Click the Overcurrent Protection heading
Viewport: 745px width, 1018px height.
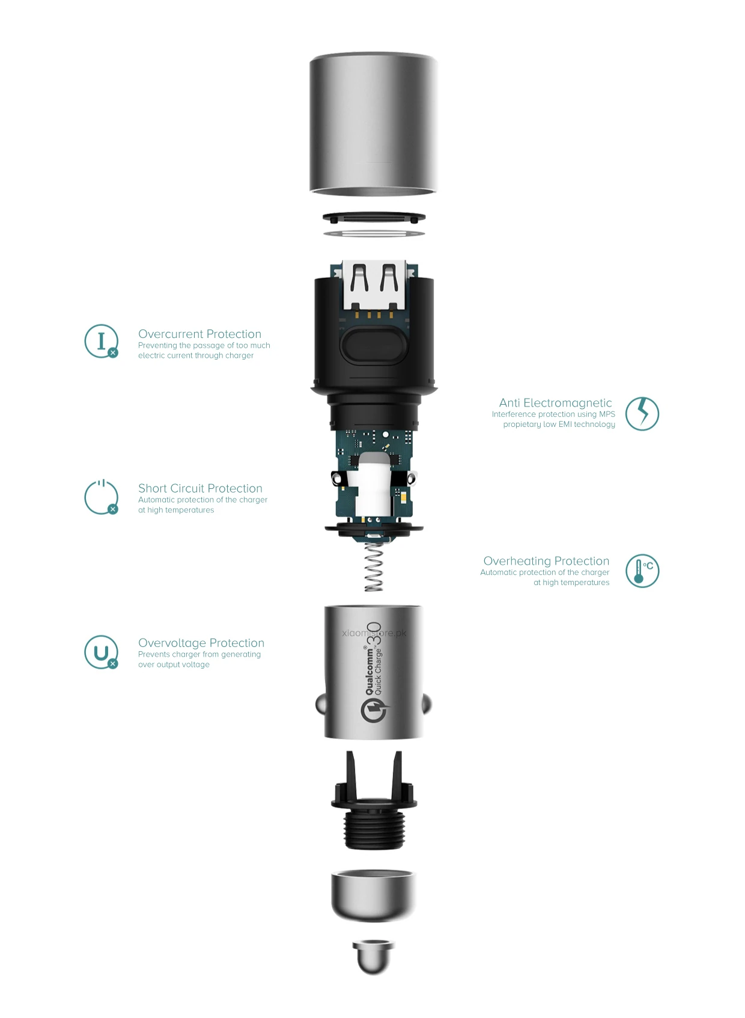199,334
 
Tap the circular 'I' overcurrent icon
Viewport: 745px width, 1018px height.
101,341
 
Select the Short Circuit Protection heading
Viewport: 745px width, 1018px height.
200,488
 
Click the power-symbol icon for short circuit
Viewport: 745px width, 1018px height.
101,497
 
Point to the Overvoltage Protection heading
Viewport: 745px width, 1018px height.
201,643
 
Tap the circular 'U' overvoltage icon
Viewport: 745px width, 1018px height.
101,652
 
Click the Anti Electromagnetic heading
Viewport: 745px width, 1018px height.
555,403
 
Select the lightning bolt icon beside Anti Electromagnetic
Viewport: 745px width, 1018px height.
642,414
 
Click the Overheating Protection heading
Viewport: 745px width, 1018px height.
546,561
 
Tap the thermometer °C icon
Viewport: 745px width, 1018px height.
642,571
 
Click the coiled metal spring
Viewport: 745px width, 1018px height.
374,566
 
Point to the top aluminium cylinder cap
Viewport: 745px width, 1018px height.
373,123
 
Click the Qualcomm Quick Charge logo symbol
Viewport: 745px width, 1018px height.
374,710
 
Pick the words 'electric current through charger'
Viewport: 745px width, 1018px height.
196,355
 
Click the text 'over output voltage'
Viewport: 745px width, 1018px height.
174,664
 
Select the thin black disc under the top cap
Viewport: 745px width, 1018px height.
374,217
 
